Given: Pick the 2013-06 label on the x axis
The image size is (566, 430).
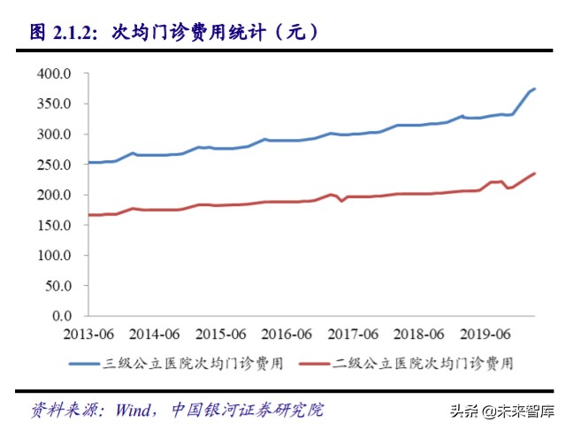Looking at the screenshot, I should coord(88,334).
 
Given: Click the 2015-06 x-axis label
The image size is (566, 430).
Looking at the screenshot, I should coord(220,334).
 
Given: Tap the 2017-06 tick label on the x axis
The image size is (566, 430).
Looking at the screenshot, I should coord(353,334).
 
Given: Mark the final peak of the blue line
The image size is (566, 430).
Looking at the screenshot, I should coord(534,88).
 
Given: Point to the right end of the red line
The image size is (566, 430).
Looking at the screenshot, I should coord(534,173).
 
